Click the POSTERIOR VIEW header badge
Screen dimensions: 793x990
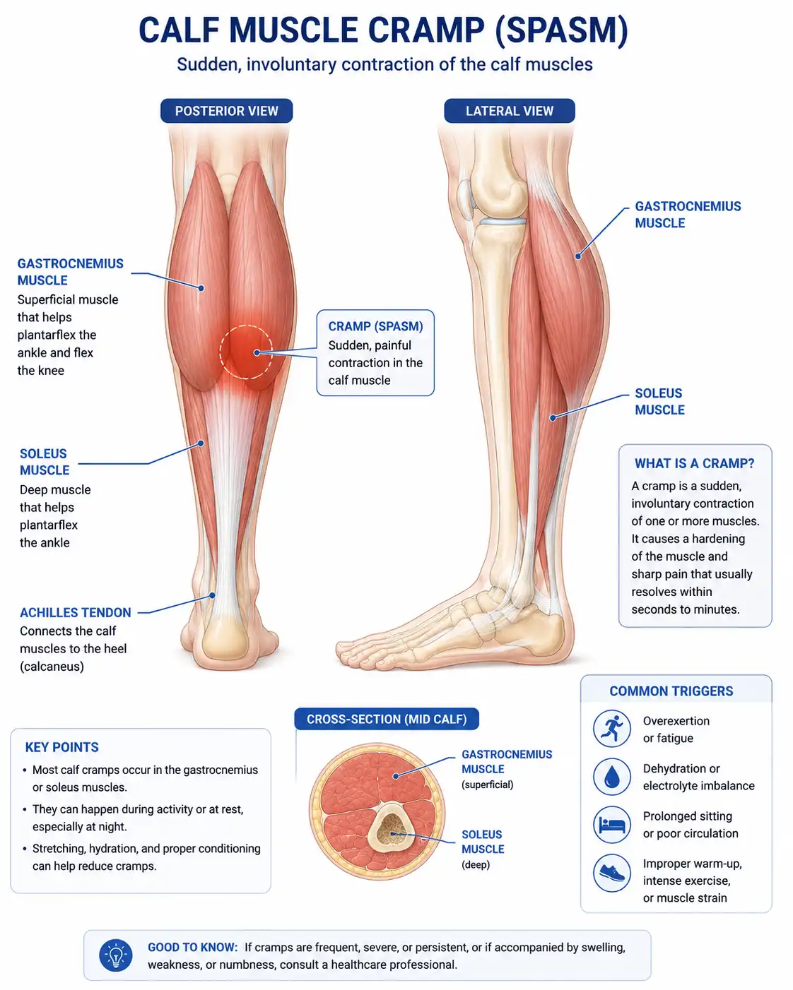pos(226,111)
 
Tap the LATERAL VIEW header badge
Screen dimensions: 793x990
pos(510,111)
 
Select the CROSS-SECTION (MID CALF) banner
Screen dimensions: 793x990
pos(387,719)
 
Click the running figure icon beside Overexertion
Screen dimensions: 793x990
pos(611,729)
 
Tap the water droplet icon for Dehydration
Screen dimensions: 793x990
pos(611,777)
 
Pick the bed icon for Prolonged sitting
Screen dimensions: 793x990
pos(611,824)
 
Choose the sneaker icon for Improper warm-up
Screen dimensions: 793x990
pos(611,873)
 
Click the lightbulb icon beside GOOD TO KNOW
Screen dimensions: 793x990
pos(116,955)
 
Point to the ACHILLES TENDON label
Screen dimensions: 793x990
pos(76,613)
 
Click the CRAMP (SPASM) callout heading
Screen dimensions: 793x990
pos(375,326)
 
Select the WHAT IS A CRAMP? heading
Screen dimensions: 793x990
pos(695,463)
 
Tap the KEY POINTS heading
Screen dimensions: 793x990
pos(61,747)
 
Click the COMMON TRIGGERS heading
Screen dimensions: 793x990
pos(671,691)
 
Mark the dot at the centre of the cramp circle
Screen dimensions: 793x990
pos(257,353)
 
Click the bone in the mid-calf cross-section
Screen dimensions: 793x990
pos(392,829)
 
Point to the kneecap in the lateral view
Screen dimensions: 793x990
pos(465,199)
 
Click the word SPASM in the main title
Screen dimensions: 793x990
pos(561,30)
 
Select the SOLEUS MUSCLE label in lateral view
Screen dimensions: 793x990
pos(659,402)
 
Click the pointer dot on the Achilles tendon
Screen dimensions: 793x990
pos(212,595)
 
